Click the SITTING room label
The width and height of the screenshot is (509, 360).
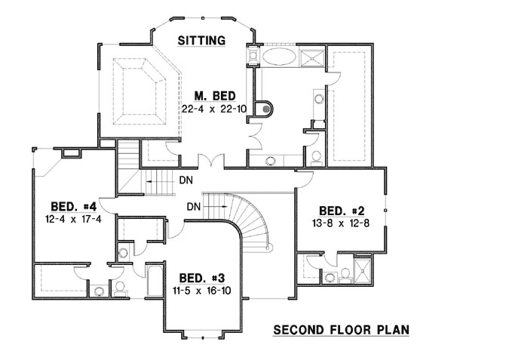coord(201,41)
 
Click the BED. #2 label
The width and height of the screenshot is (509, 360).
coord(342,210)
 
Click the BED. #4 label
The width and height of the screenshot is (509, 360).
coord(73,206)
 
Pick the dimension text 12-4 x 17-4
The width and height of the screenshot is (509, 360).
coord(73,219)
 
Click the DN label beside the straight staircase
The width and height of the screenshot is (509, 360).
coord(185,180)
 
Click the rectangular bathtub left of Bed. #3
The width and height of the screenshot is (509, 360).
coord(153,280)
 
